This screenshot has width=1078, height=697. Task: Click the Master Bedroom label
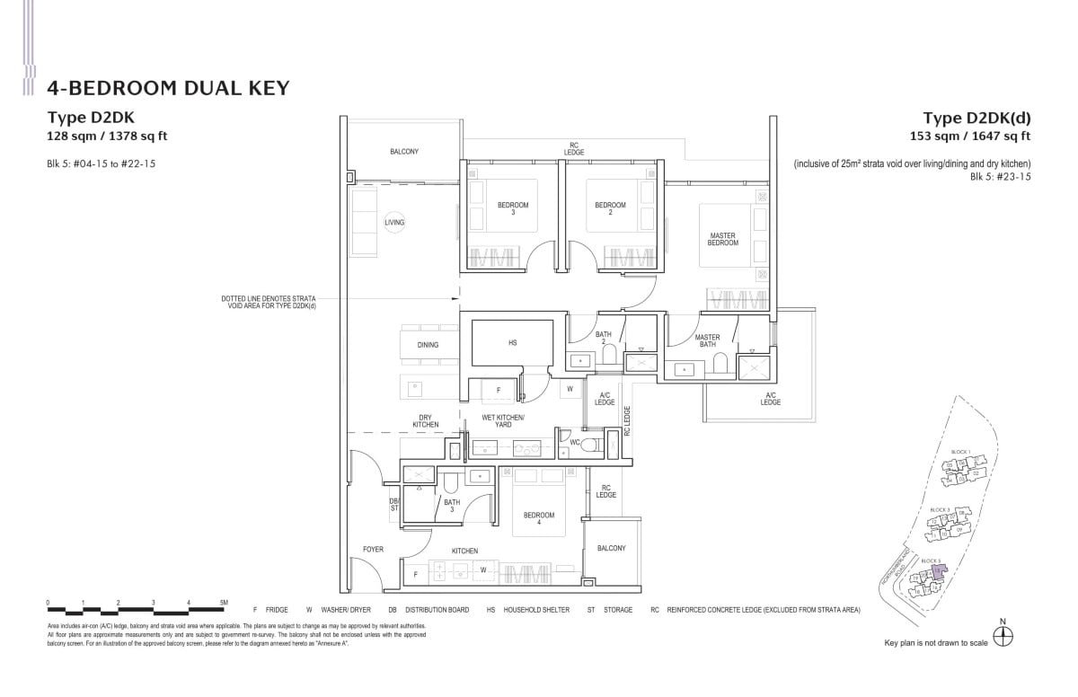722,240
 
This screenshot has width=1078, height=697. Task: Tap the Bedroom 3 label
513,209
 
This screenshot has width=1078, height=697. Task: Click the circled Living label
394,222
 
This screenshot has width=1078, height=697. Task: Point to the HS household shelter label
513,342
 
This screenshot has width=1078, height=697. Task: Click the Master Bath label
707,341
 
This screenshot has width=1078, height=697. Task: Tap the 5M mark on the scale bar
224,603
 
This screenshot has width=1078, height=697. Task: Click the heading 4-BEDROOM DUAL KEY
168,87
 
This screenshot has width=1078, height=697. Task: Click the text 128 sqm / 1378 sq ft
108,137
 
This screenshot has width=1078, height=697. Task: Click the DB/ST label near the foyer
393,506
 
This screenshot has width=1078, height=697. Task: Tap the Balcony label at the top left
404,152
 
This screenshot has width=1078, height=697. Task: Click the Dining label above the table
428,345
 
